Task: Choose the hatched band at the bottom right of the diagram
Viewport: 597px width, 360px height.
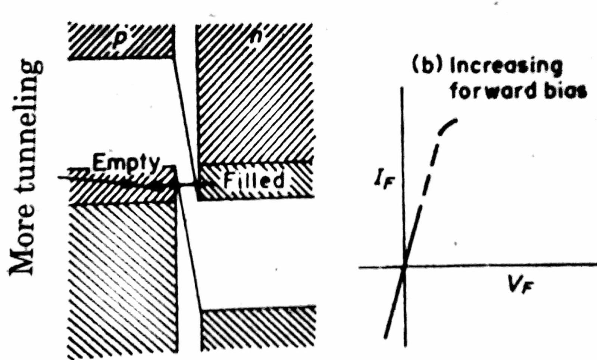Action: [257, 329]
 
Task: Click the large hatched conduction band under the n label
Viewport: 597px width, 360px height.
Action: [254, 105]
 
